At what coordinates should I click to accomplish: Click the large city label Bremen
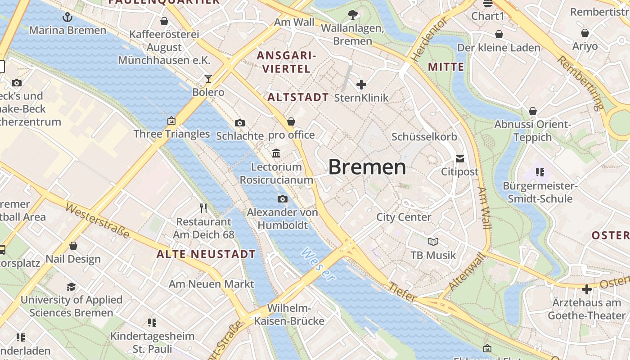click(367, 167)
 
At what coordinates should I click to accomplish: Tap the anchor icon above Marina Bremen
click(67, 18)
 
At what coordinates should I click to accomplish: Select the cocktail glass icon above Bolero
click(208, 79)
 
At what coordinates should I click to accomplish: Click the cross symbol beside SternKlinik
click(361, 84)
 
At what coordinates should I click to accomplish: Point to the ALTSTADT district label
click(298, 97)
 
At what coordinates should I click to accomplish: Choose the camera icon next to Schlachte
click(240, 123)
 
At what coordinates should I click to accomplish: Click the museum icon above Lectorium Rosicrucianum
click(276, 153)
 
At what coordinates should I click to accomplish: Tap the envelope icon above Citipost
click(459, 159)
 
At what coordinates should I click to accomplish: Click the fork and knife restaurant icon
click(203, 208)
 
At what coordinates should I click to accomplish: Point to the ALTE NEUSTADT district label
click(206, 254)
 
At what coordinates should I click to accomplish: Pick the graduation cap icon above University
click(71, 287)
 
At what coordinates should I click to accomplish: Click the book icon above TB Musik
click(433, 242)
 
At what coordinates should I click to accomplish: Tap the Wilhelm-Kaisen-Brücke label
click(289, 315)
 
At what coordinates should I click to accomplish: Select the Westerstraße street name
click(98, 220)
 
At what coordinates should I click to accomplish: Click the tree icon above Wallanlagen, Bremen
click(353, 15)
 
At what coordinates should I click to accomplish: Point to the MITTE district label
click(445, 67)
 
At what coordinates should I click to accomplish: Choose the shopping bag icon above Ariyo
click(585, 33)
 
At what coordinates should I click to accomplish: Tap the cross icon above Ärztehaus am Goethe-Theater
click(586, 289)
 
